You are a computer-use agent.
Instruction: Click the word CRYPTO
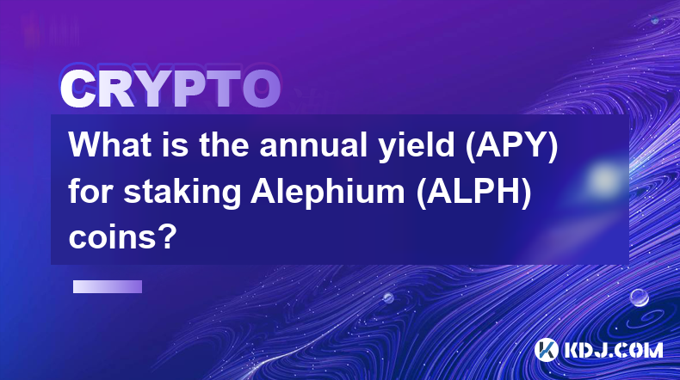(x=170, y=89)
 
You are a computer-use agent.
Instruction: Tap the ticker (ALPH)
(x=473, y=193)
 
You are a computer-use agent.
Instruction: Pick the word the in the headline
(x=224, y=144)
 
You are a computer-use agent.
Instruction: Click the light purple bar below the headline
(x=108, y=286)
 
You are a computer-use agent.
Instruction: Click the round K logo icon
(x=546, y=350)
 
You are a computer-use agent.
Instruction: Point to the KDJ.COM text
(x=613, y=350)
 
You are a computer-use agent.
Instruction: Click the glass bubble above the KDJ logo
(x=639, y=297)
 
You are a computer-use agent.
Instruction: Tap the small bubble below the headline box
(x=388, y=297)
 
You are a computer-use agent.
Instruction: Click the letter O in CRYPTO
(x=261, y=89)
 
